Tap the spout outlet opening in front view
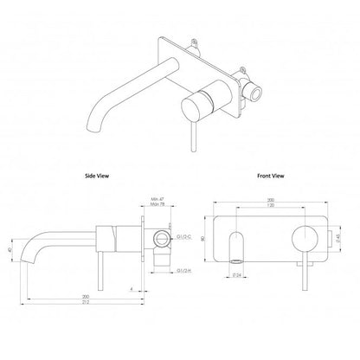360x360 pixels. (x=236, y=260)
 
